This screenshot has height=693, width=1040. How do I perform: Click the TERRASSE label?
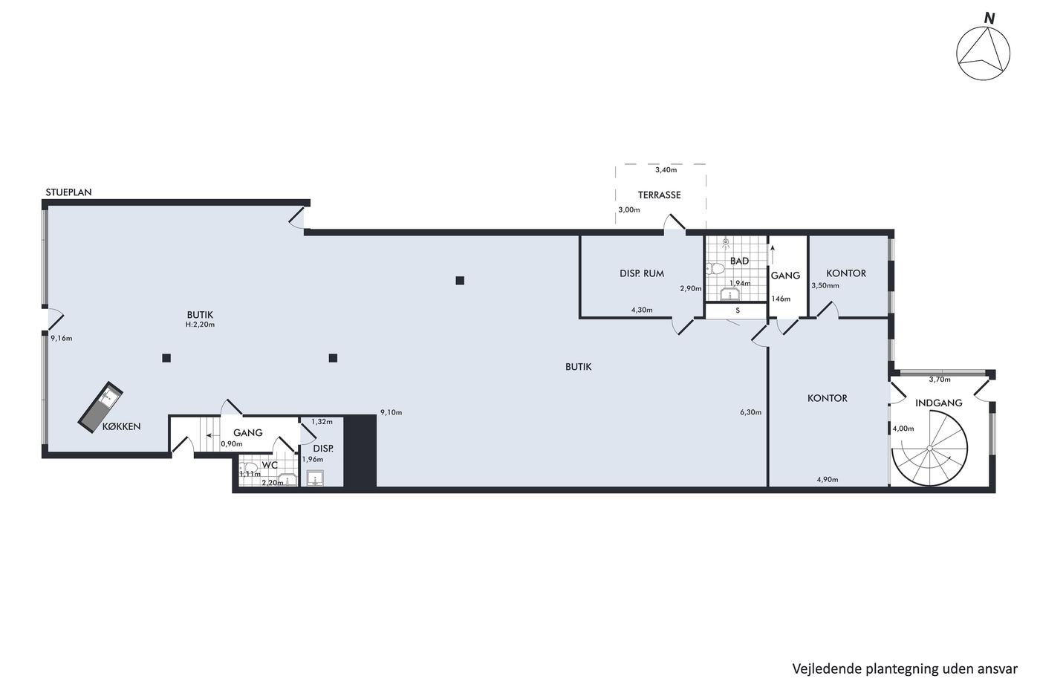pos(660,195)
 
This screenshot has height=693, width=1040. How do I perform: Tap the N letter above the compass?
pos(989,19)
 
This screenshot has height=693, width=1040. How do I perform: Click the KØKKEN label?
pos(122,426)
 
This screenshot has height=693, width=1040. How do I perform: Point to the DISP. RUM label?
pos(642,274)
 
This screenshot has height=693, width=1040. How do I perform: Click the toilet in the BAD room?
pos(715,268)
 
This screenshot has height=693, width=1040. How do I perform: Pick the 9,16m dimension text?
pos(61,339)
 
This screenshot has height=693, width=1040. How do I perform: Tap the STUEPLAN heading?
pos(68,192)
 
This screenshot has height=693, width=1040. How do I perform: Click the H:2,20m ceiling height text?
pos(200,325)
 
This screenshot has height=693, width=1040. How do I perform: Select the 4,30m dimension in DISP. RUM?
pos(642,310)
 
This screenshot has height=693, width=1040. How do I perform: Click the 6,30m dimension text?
pos(751,412)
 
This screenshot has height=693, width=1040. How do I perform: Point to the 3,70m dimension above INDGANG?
pos(940,380)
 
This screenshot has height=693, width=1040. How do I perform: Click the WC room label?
pos(270,465)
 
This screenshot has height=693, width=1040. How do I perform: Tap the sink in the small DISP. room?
pos(315,478)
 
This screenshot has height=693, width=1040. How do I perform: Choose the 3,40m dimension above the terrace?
pos(666,170)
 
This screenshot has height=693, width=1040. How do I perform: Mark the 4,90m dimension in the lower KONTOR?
pos(828,480)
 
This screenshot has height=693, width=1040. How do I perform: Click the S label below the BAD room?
pos(738,310)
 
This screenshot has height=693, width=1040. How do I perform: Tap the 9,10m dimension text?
pos(391,412)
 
